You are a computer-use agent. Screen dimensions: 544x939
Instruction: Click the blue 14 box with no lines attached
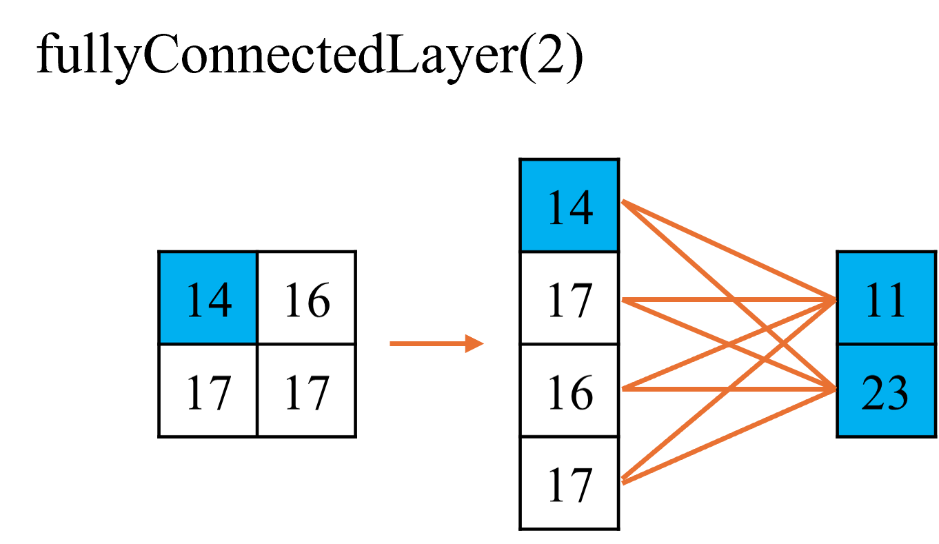pos(208,298)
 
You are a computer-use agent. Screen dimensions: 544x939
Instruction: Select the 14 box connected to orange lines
pos(569,205)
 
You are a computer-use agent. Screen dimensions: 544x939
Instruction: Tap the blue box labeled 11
pos(886,298)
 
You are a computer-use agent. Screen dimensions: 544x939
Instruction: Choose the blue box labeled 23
pos(886,391)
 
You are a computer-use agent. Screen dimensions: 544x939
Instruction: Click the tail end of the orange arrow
pos(392,343)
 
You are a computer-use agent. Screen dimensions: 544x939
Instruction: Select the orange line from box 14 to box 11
pos(689,232)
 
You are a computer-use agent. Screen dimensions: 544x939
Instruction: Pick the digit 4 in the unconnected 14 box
pos(220,300)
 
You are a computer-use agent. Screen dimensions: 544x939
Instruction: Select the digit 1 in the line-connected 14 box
pos(556,208)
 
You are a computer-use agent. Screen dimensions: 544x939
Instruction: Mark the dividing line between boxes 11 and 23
pos(886,344)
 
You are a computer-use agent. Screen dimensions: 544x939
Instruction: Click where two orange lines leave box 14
pos(623,201)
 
